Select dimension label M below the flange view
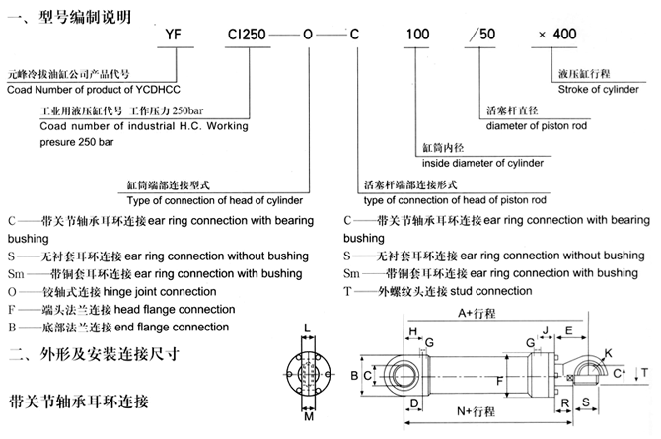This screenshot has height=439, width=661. [x=309, y=417]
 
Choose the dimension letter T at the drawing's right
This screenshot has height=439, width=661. [x=645, y=372]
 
